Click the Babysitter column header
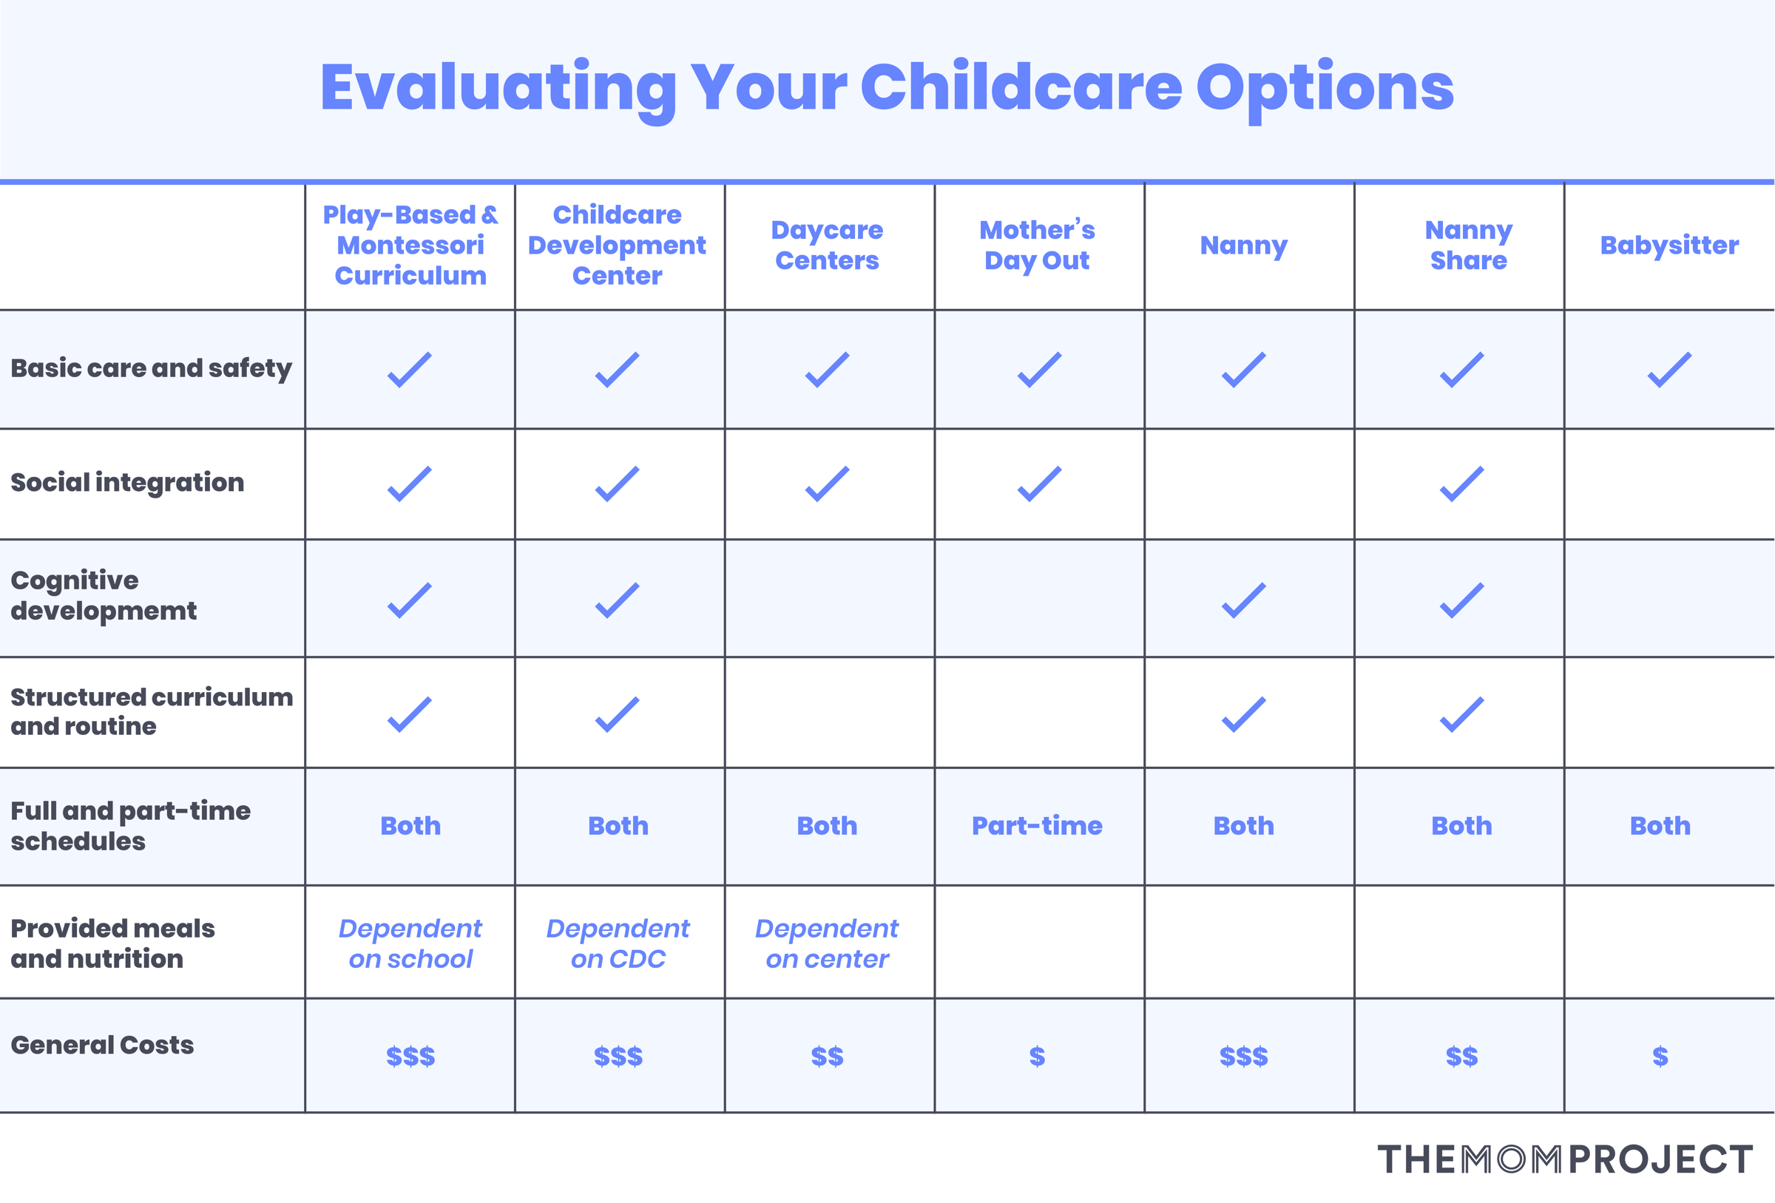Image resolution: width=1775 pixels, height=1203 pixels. pyautogui.click(x=1668, y=245)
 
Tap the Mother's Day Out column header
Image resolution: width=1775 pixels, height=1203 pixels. pyautogui.click(x=1037, y=245)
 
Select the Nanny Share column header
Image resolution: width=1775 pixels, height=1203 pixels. pyautogui.click(x=1468, y=245)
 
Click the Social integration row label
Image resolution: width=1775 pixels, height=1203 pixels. pyautogui.click(x=127, y=483)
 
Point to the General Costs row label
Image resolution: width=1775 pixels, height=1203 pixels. pyautogui.click(x=102, y=1045)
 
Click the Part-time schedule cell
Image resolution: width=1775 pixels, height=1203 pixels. pyautogui.click(x=1037, y=826)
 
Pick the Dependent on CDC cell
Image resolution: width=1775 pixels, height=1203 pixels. pyautogui.click(x=618, y=943)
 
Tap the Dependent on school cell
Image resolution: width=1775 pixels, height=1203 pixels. pyautogui.click(x=410, y=943)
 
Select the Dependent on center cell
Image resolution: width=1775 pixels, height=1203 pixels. pyautogui.click(x=827, y=943)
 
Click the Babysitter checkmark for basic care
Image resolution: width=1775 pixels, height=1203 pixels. pyautogui.click(x=1668, y=370)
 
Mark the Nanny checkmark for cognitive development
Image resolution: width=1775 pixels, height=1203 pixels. pyautogui.click(x=1243, y=600)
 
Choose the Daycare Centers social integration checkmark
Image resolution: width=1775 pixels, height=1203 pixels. pyautogui.click(x=827, y=484)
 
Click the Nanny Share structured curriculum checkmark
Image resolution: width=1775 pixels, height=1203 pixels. pyautogui.click(x=1461, y=715)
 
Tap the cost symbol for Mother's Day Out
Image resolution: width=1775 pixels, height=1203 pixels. pyautogui.click(x=1037, y=1057)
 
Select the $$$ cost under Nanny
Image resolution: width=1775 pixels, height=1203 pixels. pyautogui.click(x=1243, y=1057)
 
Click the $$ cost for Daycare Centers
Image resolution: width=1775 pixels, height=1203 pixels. pyautogui.click(x=827, y=1057)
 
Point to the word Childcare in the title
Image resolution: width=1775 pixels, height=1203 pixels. pyautogui.click(x=1021, y=87)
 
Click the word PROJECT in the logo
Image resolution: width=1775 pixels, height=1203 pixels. pyautogui.click(x=1660, y=1159)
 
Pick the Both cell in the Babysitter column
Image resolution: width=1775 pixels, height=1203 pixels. pyautogui.click(x=1660, y=826)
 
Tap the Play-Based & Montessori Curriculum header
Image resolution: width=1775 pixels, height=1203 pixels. pyautogui.click(x=410, y=245)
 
